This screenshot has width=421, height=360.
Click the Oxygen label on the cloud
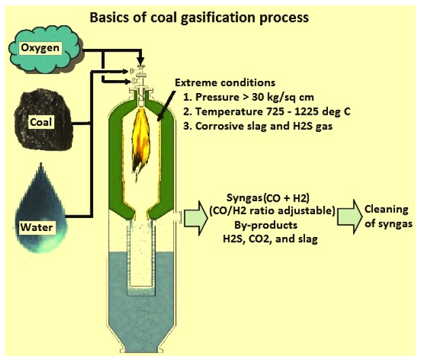[40, 48]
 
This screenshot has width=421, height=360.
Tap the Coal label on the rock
[41, 122]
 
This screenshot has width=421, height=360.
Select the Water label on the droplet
[37, 228]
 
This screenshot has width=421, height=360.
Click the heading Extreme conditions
[225, 82]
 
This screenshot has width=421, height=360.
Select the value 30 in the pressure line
[258, 97]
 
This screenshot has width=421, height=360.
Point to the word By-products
[266, 225]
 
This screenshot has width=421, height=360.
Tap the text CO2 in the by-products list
[260, 239]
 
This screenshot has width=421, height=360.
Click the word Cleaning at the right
[386, 209]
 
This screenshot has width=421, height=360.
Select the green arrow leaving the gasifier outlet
[196, 218]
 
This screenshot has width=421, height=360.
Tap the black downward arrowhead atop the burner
[141, 61]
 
